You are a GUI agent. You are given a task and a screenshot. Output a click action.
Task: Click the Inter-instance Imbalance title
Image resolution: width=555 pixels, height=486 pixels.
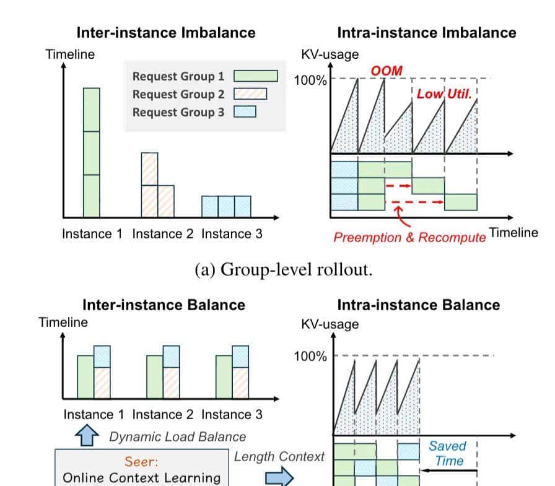(x=165, y=33)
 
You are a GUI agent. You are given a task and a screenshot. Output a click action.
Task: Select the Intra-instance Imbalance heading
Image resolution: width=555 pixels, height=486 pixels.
(x=427, y=33)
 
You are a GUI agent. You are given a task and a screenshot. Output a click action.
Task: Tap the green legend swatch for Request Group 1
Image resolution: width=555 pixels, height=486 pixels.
(x=255, y=76)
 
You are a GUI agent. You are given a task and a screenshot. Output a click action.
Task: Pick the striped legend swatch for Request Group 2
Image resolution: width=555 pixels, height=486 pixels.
(x=250, y=94)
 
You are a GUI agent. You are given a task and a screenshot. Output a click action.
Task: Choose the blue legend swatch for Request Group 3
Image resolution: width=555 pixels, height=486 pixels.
(x=244, y=112)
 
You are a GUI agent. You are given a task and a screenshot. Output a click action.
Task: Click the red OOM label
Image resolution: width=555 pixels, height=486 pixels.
(x=386, y=71)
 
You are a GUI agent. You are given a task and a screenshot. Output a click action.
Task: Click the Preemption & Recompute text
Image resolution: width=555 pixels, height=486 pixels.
(x=409, y=237)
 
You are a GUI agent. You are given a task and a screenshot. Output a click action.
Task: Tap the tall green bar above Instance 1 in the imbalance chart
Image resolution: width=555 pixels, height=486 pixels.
(x=92, y=152)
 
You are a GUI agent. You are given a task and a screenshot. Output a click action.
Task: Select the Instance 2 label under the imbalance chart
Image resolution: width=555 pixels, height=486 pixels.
(x=162, y=234)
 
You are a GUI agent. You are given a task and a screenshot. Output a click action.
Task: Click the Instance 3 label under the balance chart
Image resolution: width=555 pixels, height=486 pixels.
(x=232, y=414)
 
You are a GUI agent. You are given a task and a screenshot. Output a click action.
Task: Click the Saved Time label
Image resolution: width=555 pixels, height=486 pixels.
(x=448, y=453)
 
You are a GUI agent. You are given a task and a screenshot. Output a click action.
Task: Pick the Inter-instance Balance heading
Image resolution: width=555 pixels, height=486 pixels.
(x=164, y=305)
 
